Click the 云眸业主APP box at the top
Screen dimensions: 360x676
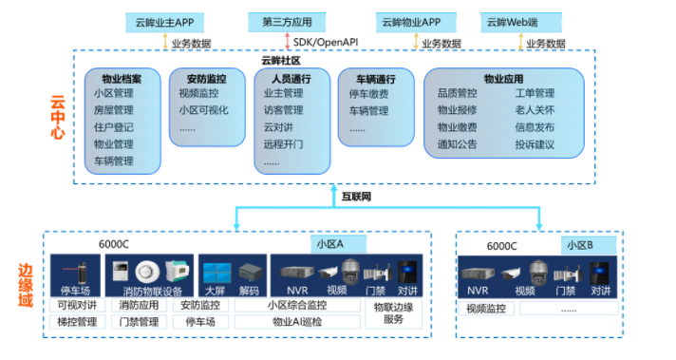[164, 21]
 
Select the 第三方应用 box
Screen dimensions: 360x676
[286, 21]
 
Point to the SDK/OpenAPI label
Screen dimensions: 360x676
[325, 43]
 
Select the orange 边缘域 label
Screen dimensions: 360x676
[27, 285]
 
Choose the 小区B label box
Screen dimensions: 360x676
[579, 244]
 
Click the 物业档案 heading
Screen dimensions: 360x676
[122, 78]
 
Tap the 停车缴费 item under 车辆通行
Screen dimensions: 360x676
[368, 94]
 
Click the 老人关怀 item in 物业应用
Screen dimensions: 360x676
[535, 110]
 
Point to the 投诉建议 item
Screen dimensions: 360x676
[535, 144]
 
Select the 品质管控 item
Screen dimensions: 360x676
[457, 93]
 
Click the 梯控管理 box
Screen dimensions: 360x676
[77, 323]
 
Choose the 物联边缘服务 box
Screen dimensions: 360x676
[393, 313]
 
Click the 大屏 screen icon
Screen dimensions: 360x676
[216, 272]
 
